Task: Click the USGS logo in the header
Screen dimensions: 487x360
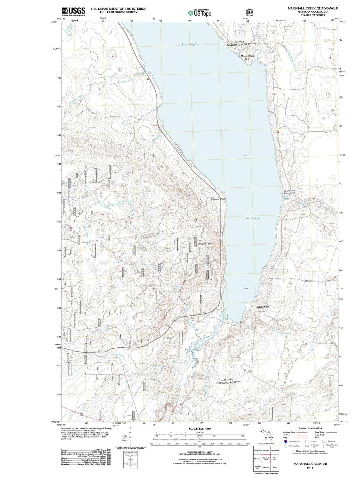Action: pyautogui.click(x=73, y=11)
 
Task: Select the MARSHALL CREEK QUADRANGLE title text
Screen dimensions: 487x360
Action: pyautogui.click(x=313, y=8)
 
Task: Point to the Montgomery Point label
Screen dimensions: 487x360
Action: pyautogui.click(x=248, y=57)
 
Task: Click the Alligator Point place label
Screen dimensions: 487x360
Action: pyautogui.click(x=218, y=199)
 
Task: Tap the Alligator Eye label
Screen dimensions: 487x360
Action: pyautogui.click(x=205, y=244)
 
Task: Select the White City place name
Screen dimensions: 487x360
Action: pyautogui.click(x=263, y=307)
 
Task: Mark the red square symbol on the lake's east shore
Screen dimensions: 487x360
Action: pyautogui.click(x=278, y=132)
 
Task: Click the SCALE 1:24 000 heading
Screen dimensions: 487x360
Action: pyautogui.click(x=200, y=428)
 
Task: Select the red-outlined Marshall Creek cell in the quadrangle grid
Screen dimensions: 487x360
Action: pyautogui.click(x=266, y=459)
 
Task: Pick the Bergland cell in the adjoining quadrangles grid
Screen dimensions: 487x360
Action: pyautogui.click(x=266, y=450)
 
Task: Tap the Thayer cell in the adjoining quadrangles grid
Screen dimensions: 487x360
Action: pyautogui.click(x=274, y=467)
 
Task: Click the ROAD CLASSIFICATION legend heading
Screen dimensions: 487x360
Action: pyautogui.click(x=310, y=428)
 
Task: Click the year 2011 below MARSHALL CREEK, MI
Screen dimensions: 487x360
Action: pyautogui.click(x=310, y=468)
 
